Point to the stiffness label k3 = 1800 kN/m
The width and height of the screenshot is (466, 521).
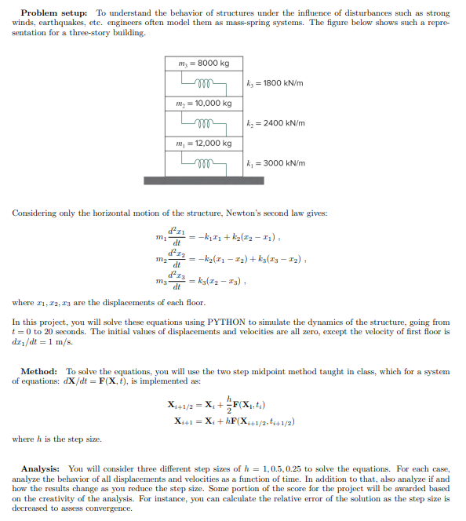274,82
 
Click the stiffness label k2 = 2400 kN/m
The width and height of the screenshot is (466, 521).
275,122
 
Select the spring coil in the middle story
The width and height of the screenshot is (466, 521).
203,122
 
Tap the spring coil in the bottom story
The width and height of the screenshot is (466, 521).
203,162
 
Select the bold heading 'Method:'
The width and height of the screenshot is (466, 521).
38,371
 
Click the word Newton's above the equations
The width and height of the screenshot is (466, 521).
193,213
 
